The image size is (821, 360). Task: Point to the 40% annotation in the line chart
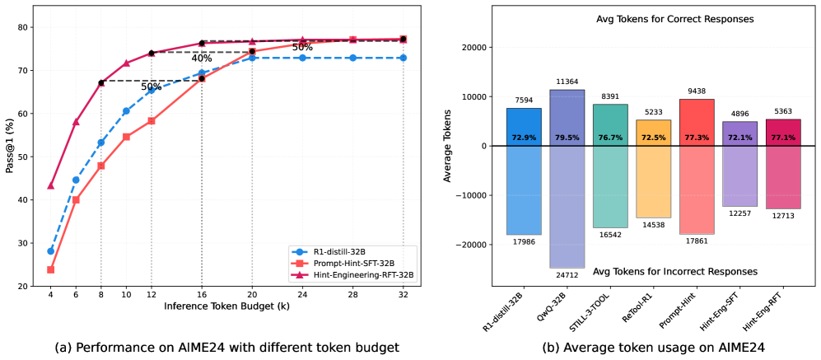(x=202, y=58)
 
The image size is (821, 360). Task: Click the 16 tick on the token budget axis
(x=202, y=295)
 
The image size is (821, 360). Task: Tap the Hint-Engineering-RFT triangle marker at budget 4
(x=51, y=185)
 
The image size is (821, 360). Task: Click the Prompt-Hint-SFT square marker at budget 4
(x=51, y=269)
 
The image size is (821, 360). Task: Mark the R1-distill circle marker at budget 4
(x=51, y=251)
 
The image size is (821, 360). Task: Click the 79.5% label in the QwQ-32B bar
(x=567, y=138)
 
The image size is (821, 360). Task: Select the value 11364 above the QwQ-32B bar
(x=567, y=82)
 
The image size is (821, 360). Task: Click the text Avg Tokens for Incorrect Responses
(x=652, y=271)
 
